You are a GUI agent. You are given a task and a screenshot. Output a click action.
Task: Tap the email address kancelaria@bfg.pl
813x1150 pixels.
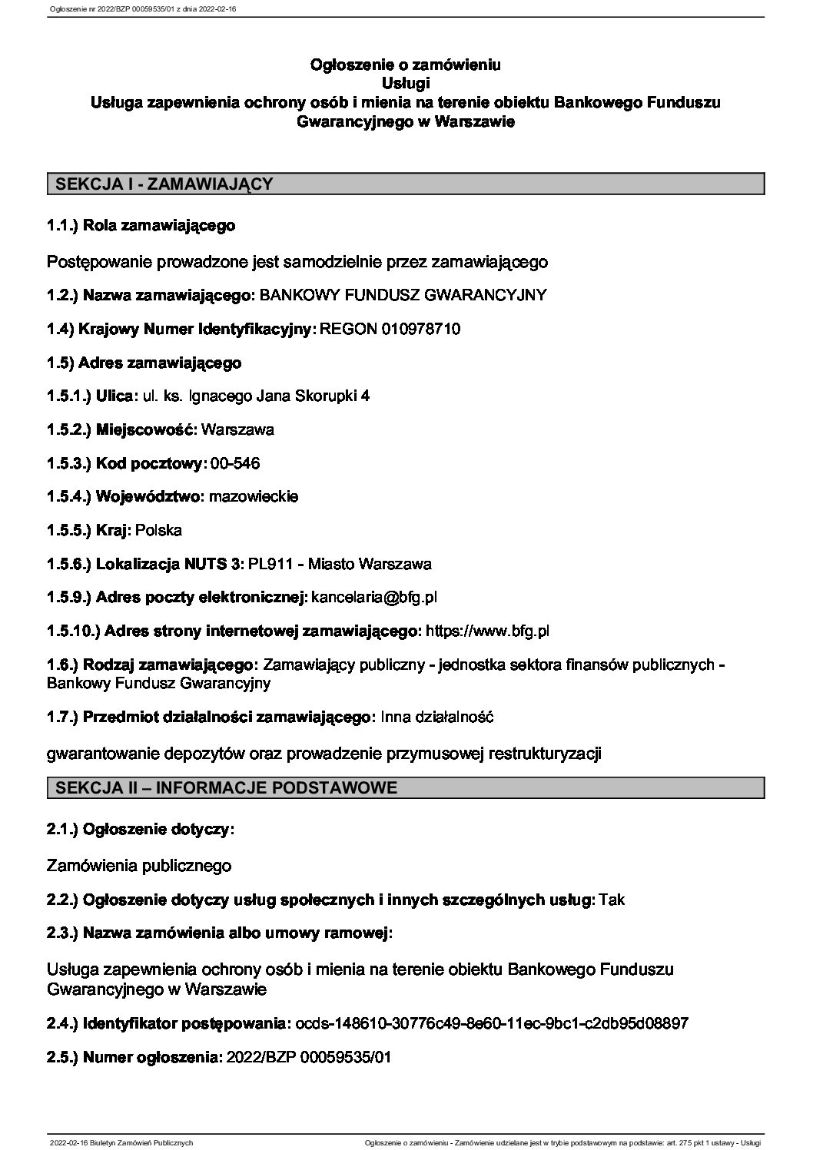pyautogui.click(x=374, y=597)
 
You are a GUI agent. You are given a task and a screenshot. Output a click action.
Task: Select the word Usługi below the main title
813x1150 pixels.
pyautogui.click(x=405, y=82)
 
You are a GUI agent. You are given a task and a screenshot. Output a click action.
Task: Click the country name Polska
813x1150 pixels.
pyautogui.click(x=158, y=530)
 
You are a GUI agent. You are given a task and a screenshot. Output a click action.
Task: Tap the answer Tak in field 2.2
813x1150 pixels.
pyautogui.click(x=612, y=900)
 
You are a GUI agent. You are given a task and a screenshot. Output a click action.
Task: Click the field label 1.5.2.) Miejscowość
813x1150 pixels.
pyautogui.click(x=122, y=429)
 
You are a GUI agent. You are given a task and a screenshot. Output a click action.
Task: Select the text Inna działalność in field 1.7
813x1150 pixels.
pyautogui.click(x=436, y=717)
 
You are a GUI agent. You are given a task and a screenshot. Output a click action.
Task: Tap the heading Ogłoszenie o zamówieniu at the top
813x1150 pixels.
pyautogui.click(x=405, y=65)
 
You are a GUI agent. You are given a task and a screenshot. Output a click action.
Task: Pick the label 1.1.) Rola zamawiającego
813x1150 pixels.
pyautogui.click(x=141, y=226)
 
